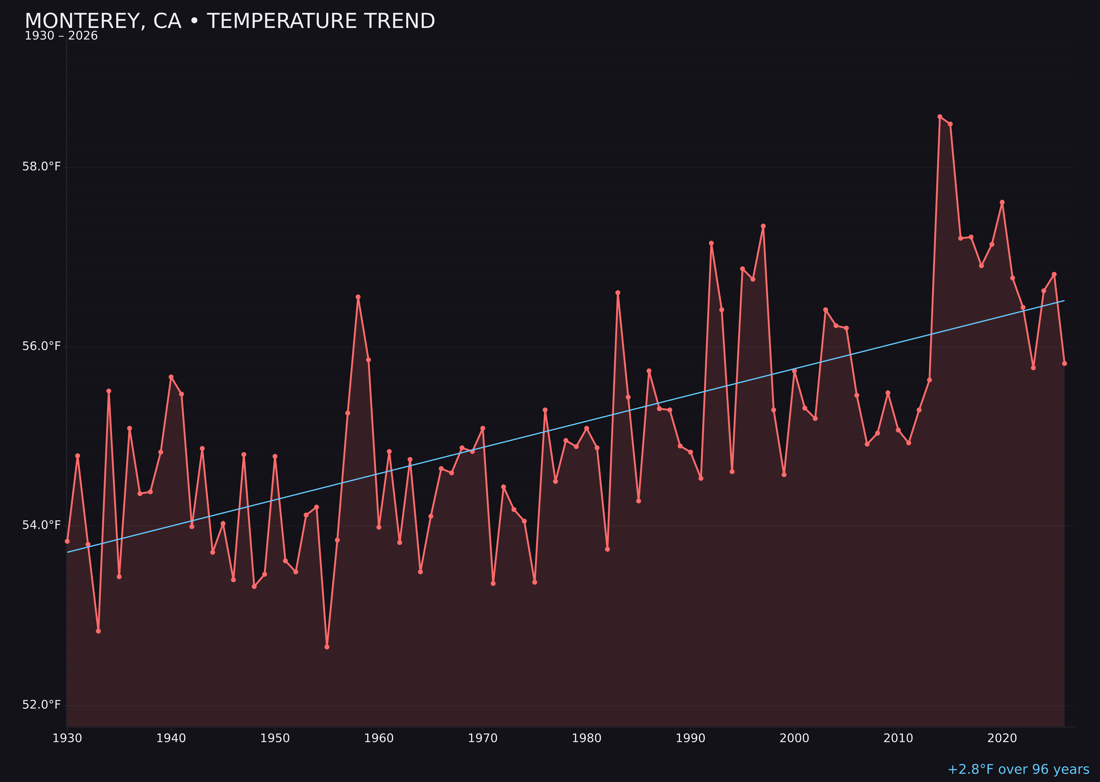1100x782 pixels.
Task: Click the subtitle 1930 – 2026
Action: coord(61,36)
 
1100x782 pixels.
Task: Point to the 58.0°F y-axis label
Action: coord(42,167)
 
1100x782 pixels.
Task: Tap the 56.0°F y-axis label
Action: coord(42,346)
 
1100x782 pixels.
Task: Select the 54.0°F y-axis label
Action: coord(42,525)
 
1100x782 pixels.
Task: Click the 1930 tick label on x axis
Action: coord(67,739)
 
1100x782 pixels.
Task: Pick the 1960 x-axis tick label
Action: coord(379,739)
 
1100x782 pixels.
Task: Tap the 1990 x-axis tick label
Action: coord(690,739)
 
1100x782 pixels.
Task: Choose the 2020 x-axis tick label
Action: coord(1002,739)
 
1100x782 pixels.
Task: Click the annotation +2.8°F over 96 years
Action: coord(1018,769)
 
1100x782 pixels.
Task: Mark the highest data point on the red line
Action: coord(940,117)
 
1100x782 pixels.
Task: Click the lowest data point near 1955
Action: coord(327,647)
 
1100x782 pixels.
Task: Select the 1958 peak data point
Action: coord(358,297)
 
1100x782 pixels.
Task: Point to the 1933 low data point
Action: coord(98,631)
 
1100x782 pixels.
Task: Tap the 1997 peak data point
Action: coord(763,226)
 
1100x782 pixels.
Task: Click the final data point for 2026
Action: coord(1064,364)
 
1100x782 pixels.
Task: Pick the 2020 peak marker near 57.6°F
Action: coord(1002,202)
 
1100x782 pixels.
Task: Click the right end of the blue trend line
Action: coord(1064,301)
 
